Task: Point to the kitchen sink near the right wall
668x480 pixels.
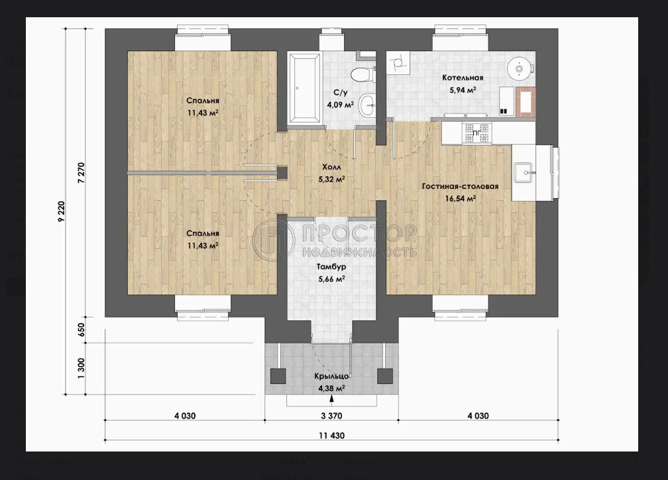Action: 524,172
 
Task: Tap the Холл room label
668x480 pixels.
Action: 331,167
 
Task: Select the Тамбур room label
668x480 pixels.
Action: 331,267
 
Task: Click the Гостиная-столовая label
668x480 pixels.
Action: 460,186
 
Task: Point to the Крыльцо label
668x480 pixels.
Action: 332,377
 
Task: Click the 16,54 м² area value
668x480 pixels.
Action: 461,198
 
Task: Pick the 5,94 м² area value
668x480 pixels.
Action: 463,90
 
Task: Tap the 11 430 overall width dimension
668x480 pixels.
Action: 331,435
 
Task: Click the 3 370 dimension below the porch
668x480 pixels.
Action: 331,416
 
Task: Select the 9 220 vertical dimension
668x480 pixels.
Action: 62,211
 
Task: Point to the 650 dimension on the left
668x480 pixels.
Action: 82,330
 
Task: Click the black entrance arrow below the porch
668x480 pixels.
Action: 331,398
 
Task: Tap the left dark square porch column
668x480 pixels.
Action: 279,376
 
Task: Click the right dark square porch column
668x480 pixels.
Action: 385,376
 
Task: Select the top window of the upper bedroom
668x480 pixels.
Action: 203,39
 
